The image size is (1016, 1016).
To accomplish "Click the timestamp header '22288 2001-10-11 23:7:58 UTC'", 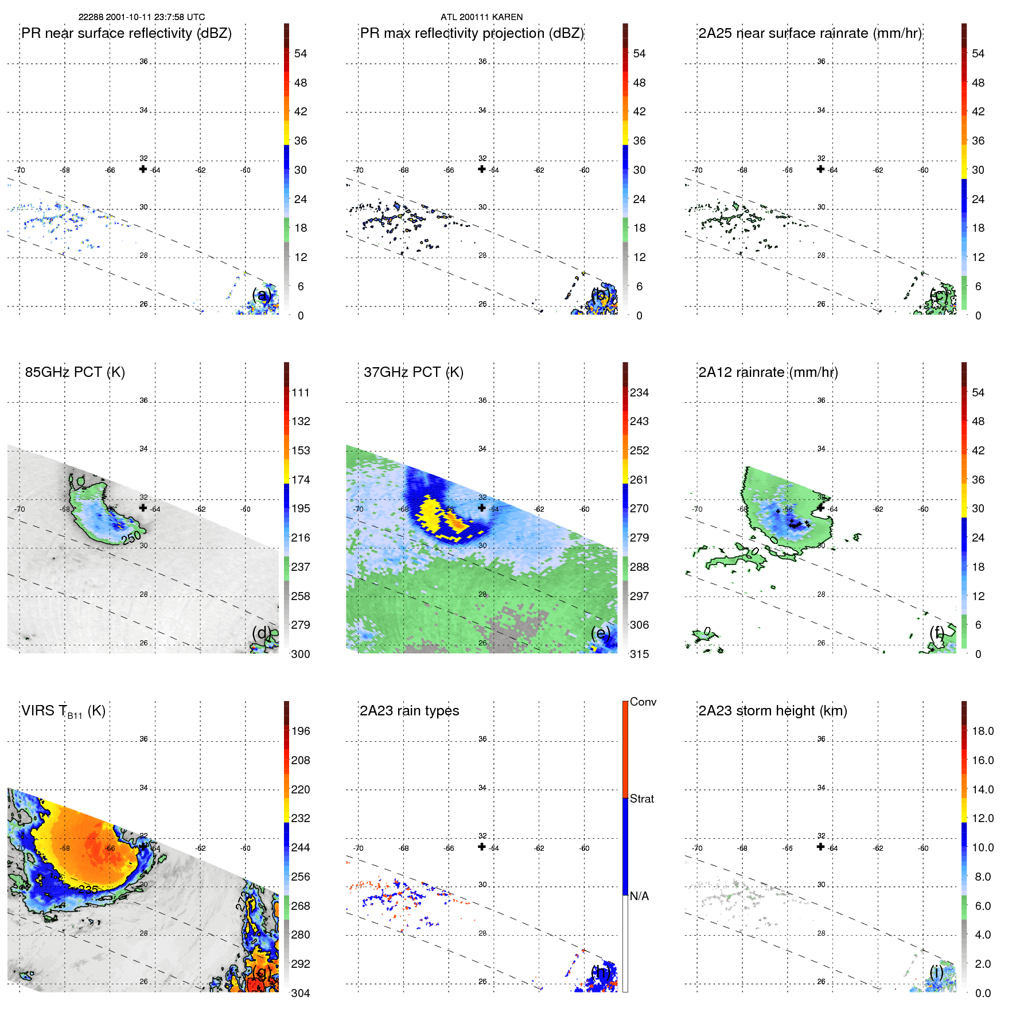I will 141,17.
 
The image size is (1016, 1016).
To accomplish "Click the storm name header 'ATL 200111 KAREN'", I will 481,17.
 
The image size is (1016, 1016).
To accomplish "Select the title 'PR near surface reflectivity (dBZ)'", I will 126,33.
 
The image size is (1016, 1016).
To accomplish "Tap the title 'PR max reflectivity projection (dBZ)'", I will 472,33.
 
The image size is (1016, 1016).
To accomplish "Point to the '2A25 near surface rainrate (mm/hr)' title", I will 810,33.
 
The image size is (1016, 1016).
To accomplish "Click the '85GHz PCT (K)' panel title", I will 75,372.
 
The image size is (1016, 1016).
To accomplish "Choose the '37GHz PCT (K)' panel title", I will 413,372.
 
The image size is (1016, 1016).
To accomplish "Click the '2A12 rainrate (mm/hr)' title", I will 768,372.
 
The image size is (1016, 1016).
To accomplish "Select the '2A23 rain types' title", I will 409,711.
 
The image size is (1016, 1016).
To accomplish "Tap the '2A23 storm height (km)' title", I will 772,711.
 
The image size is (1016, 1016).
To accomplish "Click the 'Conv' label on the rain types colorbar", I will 643,702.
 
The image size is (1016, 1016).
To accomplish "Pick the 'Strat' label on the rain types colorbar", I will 641,799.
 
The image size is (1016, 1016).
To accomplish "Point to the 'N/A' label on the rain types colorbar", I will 639,896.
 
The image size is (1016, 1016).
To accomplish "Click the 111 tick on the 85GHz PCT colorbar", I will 301,392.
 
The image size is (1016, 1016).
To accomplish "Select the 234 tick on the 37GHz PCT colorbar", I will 639,392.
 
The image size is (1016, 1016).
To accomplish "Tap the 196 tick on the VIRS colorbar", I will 301,731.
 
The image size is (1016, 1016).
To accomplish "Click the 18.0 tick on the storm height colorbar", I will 982,731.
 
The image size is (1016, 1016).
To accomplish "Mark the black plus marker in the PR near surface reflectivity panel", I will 143,169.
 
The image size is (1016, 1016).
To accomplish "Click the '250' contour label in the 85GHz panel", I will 131,538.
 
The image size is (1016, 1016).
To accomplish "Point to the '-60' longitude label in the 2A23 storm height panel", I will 922,848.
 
